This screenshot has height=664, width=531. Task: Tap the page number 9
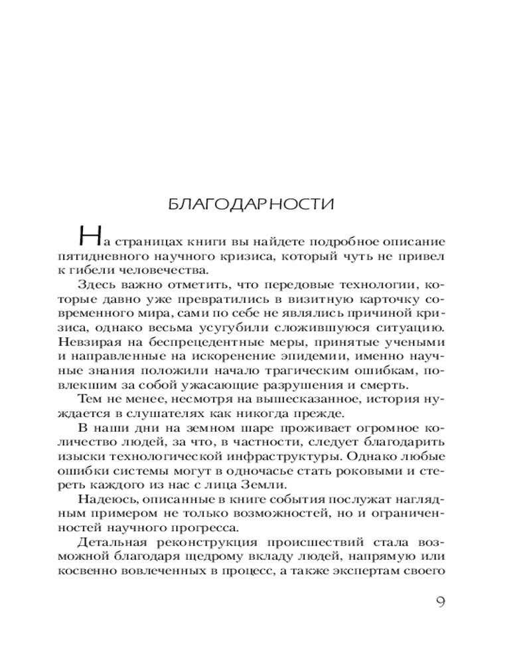click(x=439, y=602)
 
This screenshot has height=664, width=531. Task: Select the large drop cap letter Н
click(x=89, y=238)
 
